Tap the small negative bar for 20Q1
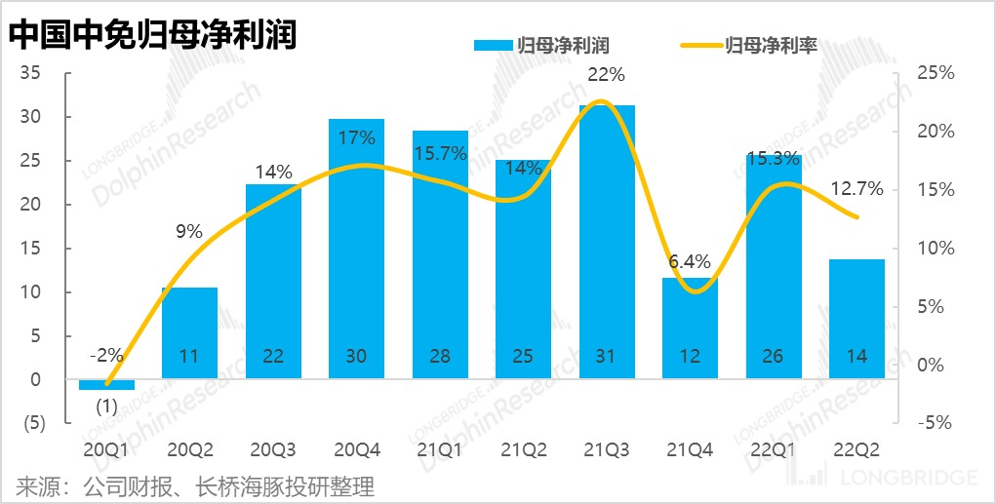(106, 385)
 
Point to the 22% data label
(606, 74)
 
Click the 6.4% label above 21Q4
(690, 260)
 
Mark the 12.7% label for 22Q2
(858, 189)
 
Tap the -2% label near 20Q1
(106, 356)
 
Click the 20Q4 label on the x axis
(356, 450)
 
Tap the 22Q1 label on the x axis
(773, 450)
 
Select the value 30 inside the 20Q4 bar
(356, 357)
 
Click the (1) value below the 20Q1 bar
(106, 407)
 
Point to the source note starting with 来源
(195, 485)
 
